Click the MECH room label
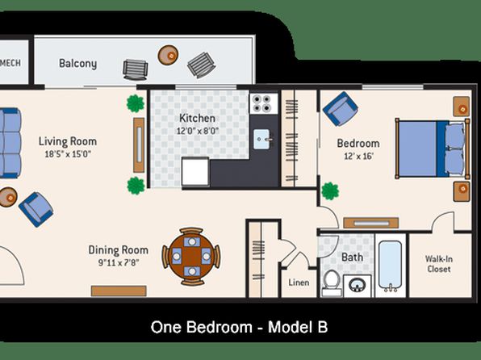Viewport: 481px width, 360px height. (10, 63)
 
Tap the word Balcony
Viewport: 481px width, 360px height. (78, 64)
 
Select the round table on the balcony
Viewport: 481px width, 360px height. (168, 55)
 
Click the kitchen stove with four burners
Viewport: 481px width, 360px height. (264, 103)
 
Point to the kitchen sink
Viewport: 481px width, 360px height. (262, 140)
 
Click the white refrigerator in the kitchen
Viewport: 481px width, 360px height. (195, 172)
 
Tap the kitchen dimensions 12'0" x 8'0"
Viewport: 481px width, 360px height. (198, 131)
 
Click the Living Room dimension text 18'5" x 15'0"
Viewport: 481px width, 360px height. (68, 153)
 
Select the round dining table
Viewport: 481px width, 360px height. (191, 257)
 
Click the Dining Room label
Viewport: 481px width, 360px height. (118, 250)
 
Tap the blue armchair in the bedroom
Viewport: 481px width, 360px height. (341, 108)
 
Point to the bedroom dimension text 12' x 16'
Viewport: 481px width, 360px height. (358, 157)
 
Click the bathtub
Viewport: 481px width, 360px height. (390, 266)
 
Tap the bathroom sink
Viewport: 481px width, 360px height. (357, 285)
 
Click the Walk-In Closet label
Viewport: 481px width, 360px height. (439, 264)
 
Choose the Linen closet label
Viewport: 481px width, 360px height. (299, 283)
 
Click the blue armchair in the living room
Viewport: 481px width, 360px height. (36, 210)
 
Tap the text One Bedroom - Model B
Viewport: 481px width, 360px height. (239, 327)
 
